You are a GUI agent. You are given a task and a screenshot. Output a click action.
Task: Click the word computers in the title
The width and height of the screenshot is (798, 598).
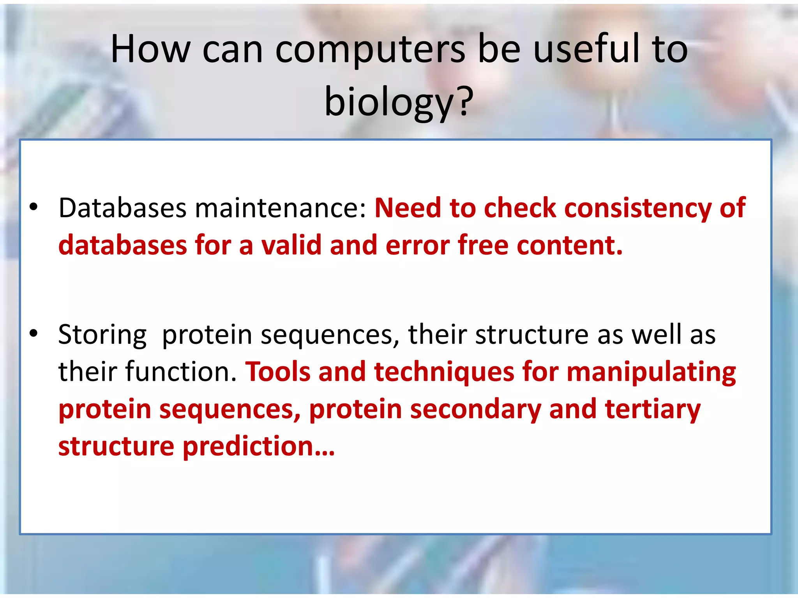tap(370, 50)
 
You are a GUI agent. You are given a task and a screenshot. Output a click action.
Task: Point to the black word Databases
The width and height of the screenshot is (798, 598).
tap(122, 208)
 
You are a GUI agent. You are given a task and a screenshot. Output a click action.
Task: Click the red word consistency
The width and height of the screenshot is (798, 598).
tap(637, 209)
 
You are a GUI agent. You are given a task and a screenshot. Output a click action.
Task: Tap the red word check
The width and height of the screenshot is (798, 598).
tap(520, 208)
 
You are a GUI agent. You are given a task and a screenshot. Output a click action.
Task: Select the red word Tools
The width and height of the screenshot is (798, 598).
tap(278, 372)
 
